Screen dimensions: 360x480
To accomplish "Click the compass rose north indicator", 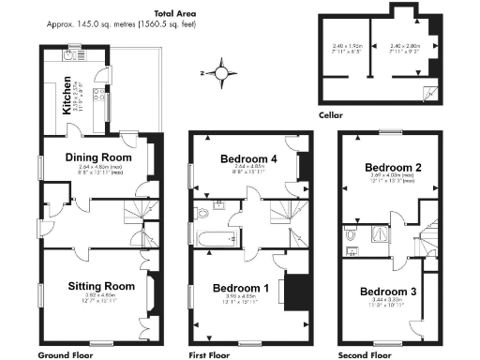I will coord(221,71).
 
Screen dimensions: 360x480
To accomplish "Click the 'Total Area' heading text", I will coord(155,14).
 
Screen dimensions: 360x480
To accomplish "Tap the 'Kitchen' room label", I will coord(67,96).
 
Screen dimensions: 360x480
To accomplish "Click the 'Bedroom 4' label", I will coord(248,159).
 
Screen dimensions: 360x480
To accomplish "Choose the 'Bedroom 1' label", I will coord(241,287).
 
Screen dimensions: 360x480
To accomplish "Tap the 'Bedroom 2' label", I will coord(394,167).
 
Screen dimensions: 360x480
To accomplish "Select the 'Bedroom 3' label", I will coord(386,292).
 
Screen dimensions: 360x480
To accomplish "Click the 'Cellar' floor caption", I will coord(331,116).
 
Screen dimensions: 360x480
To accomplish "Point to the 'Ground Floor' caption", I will coord(67,355).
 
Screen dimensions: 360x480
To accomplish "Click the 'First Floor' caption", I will coord(212,355).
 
